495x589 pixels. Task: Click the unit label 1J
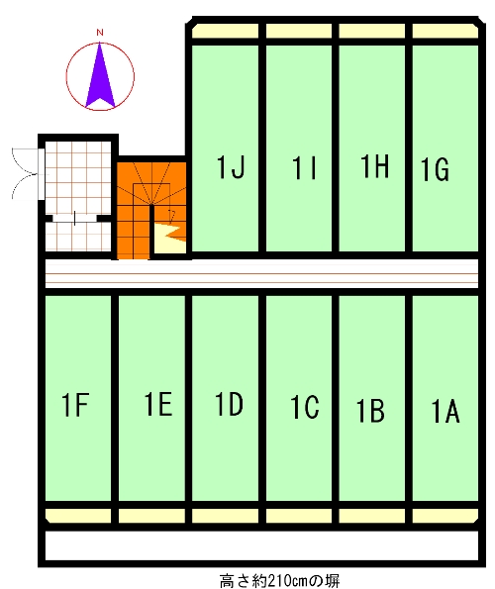point(231,166)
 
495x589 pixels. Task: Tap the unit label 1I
point(304,168)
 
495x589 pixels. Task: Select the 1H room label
point(374,165)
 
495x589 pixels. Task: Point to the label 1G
point(435,170)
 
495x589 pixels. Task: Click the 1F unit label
point(75,404)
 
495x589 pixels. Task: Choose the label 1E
point(158,404)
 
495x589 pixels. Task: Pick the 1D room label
point(229,404)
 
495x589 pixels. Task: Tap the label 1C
point(305,407)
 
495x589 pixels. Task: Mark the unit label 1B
point(370,411)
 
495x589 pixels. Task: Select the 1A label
point(445,412)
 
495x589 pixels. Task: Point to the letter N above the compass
point(100,33)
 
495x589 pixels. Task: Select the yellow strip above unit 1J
point(226,31)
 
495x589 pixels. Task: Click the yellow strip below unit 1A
point(445,516)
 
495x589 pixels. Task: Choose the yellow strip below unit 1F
point(78,516)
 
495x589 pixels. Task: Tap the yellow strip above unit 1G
point(445,31)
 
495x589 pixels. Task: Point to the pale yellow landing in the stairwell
point(169,239)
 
